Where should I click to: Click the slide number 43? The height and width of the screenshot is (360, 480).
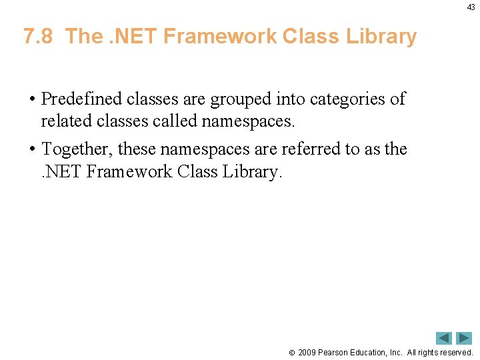point(471,7)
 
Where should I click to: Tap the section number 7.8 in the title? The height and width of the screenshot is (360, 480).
point(37,36)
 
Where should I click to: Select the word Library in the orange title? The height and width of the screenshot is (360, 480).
point(381,36)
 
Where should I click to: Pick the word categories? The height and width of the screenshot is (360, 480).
point(341,99)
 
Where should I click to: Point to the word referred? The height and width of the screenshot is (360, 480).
point(311,149)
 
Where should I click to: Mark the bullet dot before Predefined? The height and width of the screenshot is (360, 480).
point(32,100)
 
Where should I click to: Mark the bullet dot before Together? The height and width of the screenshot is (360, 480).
point(32,149)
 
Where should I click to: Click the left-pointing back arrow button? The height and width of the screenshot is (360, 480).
point(443,338)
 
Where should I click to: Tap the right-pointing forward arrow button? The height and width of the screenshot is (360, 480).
point(464,338)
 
